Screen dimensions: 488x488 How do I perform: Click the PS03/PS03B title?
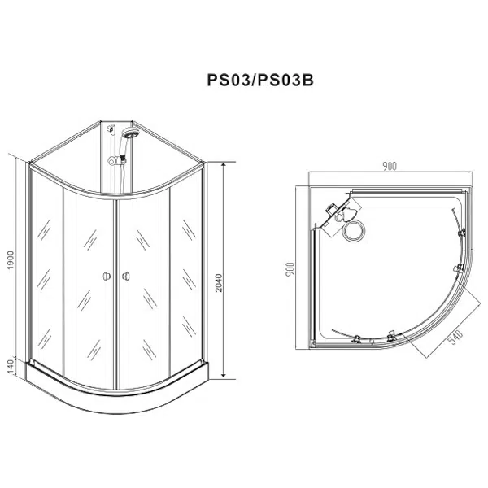click(260, 80)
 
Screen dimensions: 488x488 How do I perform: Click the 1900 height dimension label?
click(11, 260)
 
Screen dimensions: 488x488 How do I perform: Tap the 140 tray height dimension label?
click(11, 368)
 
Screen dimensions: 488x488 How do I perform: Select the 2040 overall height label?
click(219, 282)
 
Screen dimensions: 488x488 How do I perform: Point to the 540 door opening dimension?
click(455, 337)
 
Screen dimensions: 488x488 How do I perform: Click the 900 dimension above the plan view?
click(390, 167)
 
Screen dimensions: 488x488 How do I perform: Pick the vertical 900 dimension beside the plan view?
click(290, 269)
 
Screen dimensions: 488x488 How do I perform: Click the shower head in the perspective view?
click(131, 133)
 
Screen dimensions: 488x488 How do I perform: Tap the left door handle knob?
click(107, 276)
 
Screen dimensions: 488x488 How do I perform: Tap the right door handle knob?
click(126, 276)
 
